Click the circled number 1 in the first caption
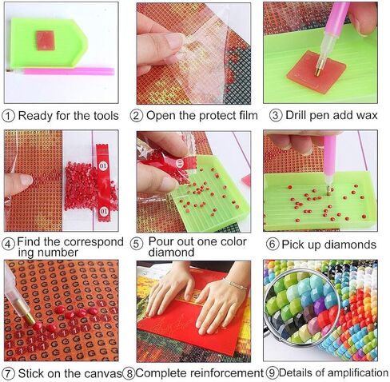[8, 116]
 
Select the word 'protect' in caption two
[203, 116]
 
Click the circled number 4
[8, 242]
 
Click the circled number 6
[273, 244]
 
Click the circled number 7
[8, 372]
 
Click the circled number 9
[271, 372]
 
